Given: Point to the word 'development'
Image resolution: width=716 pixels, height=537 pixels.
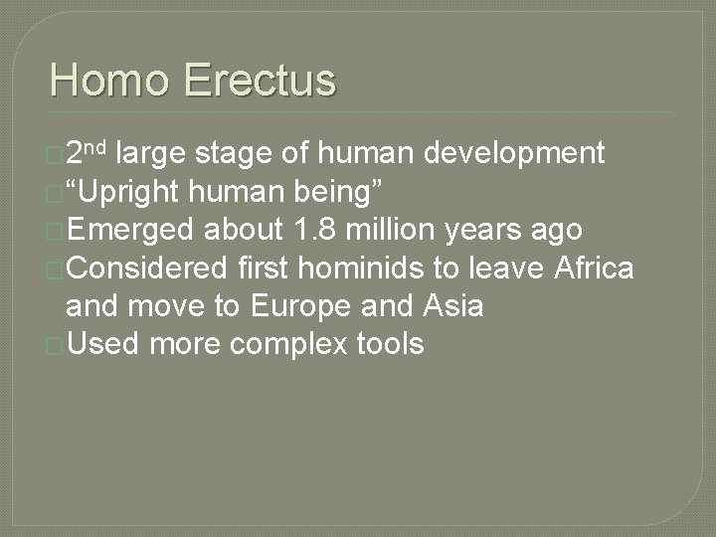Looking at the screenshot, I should point(513,153).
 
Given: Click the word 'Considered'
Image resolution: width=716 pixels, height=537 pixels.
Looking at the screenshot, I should point(148,268).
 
